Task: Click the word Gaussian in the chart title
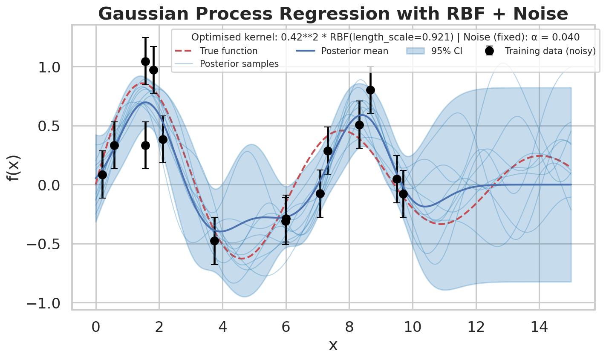143,14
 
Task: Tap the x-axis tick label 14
539,327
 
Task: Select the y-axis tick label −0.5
43,244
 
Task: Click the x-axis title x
333,346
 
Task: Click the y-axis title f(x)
14,168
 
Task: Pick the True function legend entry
216,51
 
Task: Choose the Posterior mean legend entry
342,51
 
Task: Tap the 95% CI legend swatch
415,51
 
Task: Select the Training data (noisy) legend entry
540,51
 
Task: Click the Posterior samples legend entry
227,64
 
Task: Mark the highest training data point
146,62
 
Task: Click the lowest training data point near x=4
214,241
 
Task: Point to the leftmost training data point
102,175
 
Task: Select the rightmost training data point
404,194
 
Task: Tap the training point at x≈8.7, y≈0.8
371,90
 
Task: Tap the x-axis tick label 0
96,327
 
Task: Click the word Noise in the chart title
540,14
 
